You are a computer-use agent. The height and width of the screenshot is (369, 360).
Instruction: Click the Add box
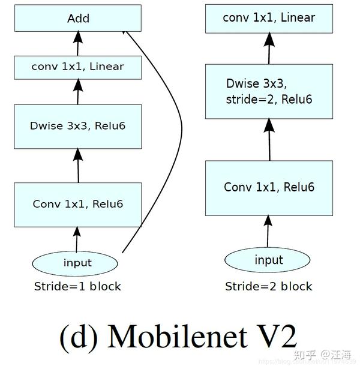[78, 18]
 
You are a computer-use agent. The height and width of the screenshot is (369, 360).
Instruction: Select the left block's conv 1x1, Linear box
[78, 66]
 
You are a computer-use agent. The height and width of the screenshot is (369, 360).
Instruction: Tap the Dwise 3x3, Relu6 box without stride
[78, 126]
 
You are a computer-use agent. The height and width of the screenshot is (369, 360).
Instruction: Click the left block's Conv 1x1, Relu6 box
[78, 204]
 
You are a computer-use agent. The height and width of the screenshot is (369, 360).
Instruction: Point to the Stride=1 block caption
[77, 286]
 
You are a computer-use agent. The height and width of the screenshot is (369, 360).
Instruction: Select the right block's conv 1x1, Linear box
[269, 18]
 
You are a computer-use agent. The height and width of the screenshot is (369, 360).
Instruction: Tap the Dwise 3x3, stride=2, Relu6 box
[269, 91]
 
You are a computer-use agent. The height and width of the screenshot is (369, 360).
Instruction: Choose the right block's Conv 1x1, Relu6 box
[269, 187]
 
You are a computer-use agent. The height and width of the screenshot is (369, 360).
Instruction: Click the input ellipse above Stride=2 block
[269, 260]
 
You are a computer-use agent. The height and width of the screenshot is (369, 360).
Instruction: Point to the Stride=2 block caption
[269, 286]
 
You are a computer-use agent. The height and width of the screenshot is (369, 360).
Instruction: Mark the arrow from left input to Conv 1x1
[77, 239]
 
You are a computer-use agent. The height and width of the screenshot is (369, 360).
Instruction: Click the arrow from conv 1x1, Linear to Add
[77, 43]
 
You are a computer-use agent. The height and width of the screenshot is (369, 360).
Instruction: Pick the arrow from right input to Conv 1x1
[269, 231]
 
